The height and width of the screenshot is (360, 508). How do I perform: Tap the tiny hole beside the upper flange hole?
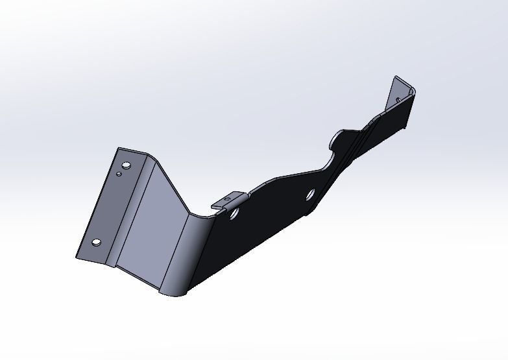coord(119,174)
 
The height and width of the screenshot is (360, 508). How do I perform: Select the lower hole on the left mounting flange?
coord(97,243)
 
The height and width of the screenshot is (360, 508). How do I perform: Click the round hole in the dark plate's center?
coord(310,194)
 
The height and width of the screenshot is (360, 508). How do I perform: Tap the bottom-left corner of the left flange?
coord(77,257)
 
